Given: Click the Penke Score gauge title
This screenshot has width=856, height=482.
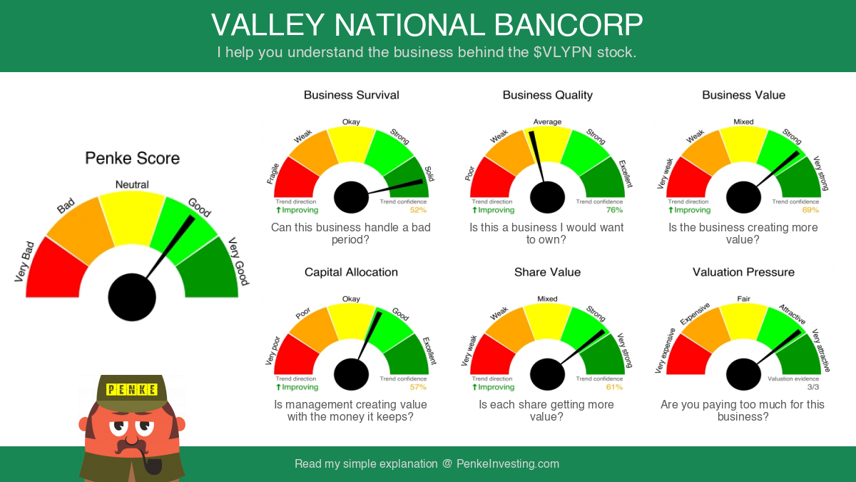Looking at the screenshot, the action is pos(132,159).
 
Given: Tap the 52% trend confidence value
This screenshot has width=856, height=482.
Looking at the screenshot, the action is pos(418,210).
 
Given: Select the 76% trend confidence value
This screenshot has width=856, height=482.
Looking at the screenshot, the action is pos(614,210).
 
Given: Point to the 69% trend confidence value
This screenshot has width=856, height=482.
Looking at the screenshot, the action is pos(810,210).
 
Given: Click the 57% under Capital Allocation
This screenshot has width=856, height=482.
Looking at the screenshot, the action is pos(418,387).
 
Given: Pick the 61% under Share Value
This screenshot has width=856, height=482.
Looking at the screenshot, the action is pos(614,387).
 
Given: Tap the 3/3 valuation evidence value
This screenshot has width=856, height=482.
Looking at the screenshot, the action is pos(813,387).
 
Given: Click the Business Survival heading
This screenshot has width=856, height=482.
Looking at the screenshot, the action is pos(351,95).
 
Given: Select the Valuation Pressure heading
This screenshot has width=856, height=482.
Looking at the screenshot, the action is pos(743,272).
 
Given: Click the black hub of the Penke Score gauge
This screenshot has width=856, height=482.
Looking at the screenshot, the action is pos(132,297).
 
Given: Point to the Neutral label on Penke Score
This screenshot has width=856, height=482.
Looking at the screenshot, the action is pos(132,185).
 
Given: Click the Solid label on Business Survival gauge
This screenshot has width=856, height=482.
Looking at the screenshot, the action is pos(429,174).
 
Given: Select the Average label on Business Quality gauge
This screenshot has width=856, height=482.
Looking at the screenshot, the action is pos(547,121).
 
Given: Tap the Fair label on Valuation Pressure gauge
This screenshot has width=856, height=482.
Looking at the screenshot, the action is pos(743,298).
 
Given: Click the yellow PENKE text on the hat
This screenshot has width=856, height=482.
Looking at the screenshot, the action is pos(132,390).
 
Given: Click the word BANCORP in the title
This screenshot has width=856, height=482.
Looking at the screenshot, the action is pos(569,25).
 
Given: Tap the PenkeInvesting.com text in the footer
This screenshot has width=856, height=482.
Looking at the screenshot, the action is pos(508,464).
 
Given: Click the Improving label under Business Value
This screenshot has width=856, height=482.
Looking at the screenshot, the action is pos(689,210).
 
